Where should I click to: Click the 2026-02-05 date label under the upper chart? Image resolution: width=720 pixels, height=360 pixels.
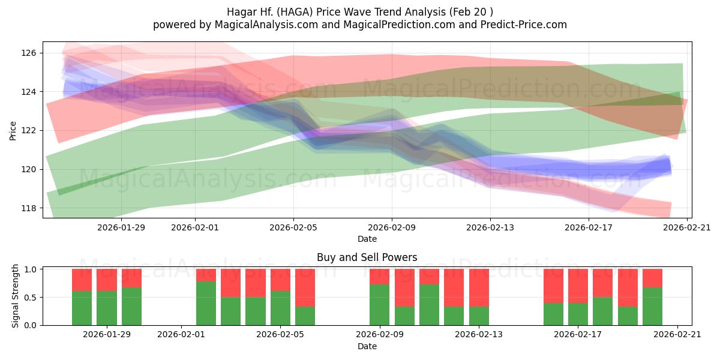pyautogui.click(x=293, y=227)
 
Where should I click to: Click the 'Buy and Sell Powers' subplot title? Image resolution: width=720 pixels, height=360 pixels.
pyautogui.click(x=367, y=257)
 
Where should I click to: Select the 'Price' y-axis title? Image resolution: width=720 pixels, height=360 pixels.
pyautogui.click(x=13, y=130)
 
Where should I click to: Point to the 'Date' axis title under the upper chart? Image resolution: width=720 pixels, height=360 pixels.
pyautogui.click(x=367, y=239)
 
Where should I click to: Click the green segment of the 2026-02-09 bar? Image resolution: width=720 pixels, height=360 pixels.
pyautogui.click(x=379, y=305)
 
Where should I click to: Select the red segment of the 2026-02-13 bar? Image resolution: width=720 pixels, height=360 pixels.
pyautogui.click(x=479, y=288)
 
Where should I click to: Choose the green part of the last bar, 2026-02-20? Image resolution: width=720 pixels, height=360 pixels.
pyautogui.click(x=652, y=307)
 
